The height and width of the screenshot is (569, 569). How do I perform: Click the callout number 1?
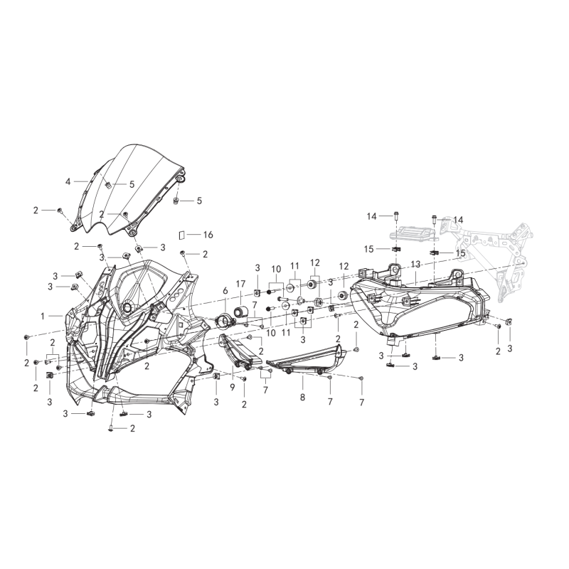[43, 317]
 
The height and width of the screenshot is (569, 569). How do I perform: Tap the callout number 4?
[68, 181]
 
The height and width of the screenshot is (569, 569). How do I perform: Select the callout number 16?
[208, 235]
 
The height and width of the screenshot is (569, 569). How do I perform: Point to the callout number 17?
[241, 284]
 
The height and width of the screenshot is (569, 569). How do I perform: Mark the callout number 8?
[303, 398]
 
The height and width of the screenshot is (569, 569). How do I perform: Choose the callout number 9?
[233, 388]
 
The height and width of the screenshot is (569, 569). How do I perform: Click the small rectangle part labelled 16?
[182, 235]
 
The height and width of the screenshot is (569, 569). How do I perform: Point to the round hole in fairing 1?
[127, 308]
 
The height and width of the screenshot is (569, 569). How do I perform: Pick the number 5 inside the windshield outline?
[132, 184]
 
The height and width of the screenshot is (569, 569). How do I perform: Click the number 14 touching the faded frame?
[458, 220]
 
